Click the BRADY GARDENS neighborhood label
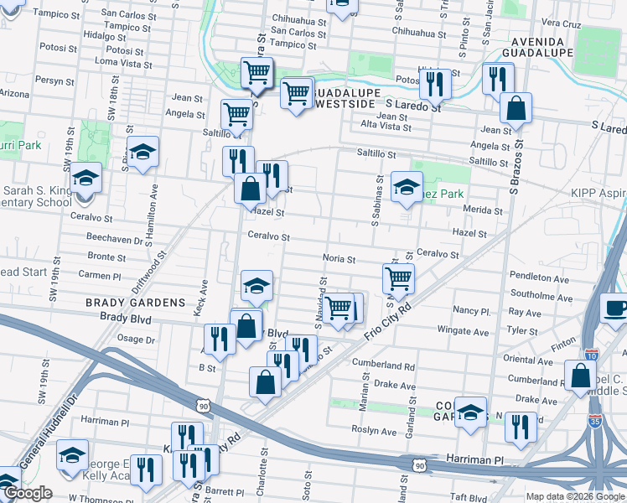134,302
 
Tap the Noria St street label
339,259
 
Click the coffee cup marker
616,308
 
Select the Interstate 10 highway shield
593,355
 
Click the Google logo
27,493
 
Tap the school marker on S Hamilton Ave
143,152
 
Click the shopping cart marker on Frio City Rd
398,277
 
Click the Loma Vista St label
119,62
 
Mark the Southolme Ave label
540,294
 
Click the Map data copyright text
575,496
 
